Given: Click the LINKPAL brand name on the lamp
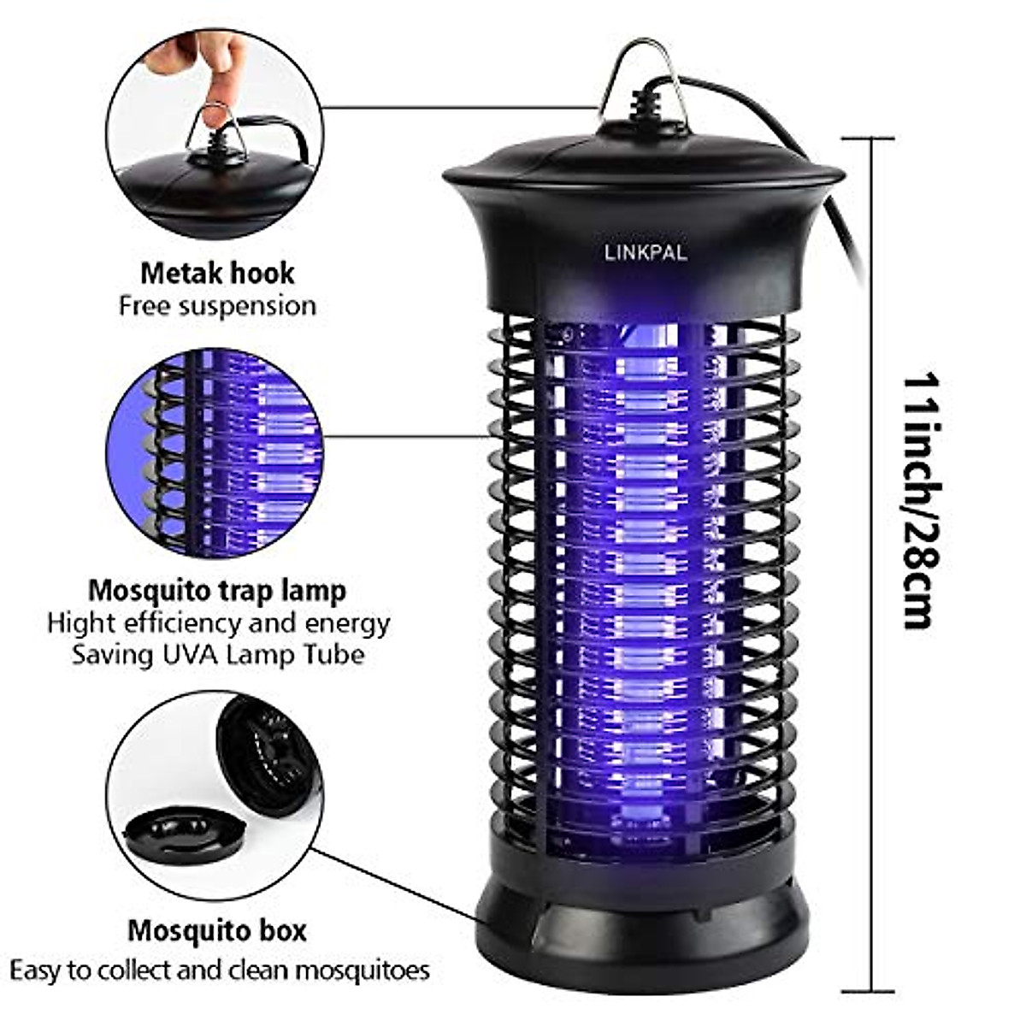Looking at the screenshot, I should point(645,252).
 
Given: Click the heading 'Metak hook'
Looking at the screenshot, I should point(217,274).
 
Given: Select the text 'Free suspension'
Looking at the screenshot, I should point(217,306).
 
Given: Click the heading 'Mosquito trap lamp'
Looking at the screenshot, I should point(217,590).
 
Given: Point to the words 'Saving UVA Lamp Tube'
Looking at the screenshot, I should point(217,655).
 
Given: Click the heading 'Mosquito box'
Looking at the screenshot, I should point(217,930).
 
